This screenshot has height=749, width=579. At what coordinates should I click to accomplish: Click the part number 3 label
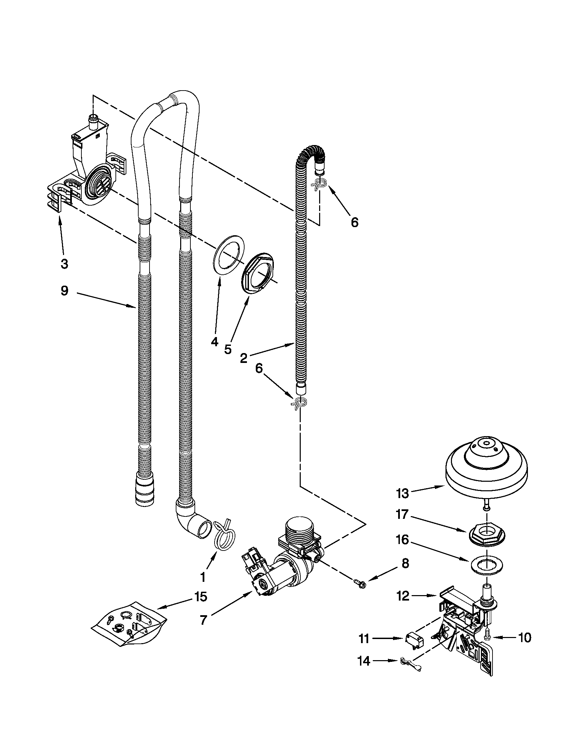coord(64,264)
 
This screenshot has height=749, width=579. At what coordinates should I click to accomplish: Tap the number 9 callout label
coord(64,291)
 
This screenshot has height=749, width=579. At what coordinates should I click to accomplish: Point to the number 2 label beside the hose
coord(244,358)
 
